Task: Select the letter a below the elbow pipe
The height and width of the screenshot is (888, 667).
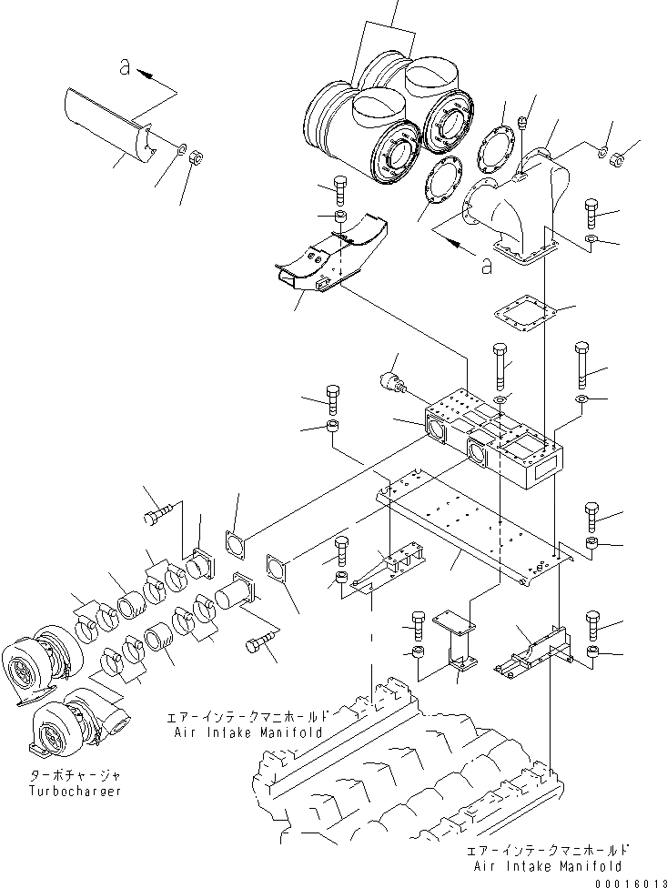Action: pyautogui.click(x=486, y=266)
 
